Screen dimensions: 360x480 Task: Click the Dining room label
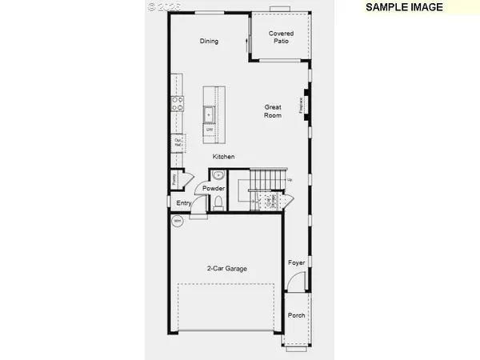[209, 42]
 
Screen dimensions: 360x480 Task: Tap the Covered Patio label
[281, 38]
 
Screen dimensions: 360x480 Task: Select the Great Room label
[274, 111]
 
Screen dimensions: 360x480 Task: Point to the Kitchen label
[223, 157]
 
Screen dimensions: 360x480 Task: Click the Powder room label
[214, 189]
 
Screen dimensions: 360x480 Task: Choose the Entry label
[184, 203]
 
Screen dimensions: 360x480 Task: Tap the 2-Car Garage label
[226, 269]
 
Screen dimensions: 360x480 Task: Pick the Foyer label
[296, 262]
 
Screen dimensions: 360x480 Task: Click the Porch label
[296, 316]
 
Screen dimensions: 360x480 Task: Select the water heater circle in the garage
[178, 221]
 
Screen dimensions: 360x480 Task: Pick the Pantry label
[174, 181]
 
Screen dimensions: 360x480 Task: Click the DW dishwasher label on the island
[210, 129]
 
